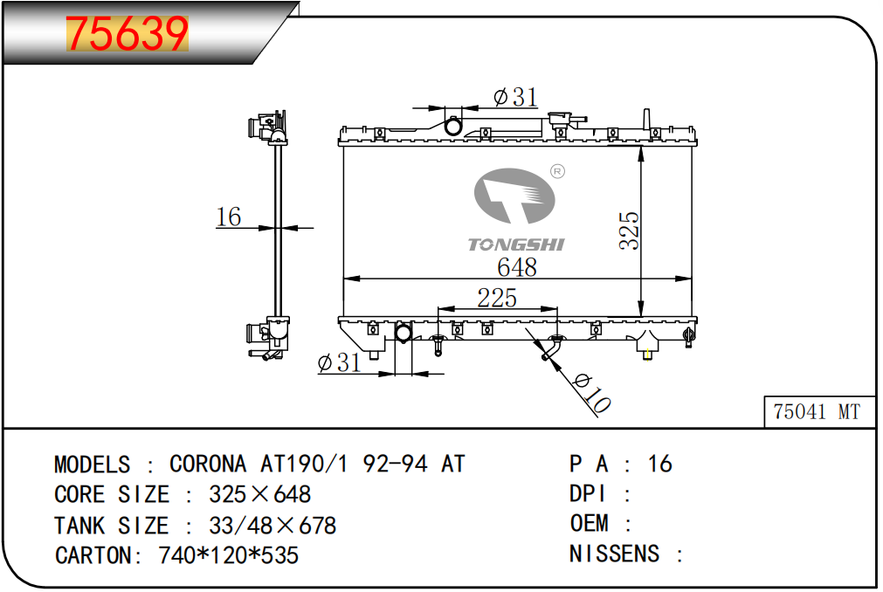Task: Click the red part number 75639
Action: point(127,34)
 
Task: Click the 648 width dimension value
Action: point(517,266)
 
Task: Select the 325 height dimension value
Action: point(629,231)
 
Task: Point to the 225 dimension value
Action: point(497,298)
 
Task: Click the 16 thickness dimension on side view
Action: point(229,217)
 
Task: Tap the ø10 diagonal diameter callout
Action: point(591,393)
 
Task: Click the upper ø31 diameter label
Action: point(515,97)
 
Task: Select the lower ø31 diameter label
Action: point(339,362)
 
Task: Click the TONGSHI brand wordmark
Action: point(516,244)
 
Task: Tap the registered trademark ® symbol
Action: point(557,171)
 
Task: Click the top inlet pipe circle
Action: point(453,126)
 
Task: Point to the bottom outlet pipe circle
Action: point(404,334)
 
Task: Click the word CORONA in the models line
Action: point(208,464)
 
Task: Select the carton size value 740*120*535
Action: point(228,555)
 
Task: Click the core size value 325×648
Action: point(259,494)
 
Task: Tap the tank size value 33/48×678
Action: point(272,526)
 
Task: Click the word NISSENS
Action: point(614,554)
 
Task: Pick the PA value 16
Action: point(660,464)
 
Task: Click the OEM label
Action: point(589,523)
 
